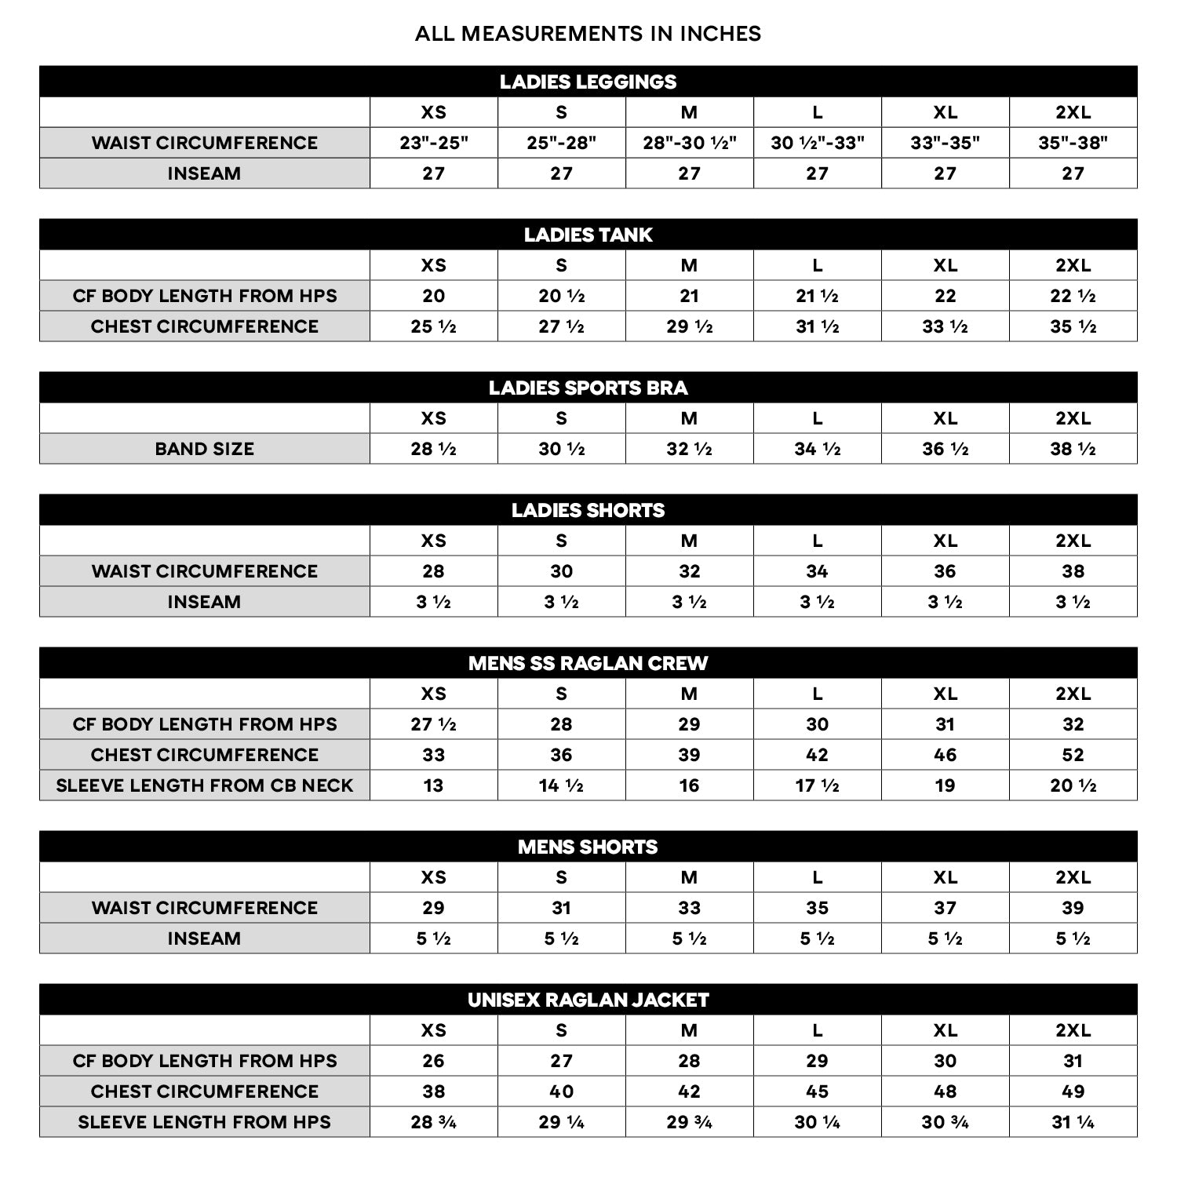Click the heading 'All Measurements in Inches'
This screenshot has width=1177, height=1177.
pyautogui.click(x=588, y=34)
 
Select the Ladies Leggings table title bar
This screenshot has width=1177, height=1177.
pyautogui.click(x=588, y=82)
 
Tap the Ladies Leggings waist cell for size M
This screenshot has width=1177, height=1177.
pyautogui.click(x=689, y=143)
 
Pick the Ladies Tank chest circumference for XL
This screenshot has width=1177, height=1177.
pyautogui.click(x=945, y=326)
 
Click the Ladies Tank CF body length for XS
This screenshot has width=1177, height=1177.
pyautogui.click(x=433, y=296)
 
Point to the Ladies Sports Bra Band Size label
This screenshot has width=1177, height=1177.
pyautogui.click(x=204, y=449)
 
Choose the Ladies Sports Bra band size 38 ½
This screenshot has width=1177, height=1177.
pyautogui.click(x=1073, y=449)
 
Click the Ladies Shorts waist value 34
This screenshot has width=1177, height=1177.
pyautogui.click(x=817, y=571)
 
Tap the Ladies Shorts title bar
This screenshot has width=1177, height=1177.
pyautogui.click(x=588, y=510)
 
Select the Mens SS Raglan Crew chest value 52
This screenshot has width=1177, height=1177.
pyautogui.click(x=1073, y=755)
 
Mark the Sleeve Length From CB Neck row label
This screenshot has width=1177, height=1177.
pyautogui.click(x=204, y=785)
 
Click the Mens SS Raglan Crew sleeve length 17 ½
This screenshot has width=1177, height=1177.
pyautogui.click(x=817, y=785)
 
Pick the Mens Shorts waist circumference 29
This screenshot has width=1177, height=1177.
pyautogui.click(x=433, y=908)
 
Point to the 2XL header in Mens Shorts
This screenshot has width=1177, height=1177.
pyautogui.click(x=1073, y=877)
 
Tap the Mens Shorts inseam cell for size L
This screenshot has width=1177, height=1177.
pyautogui.click(x=817, y=938)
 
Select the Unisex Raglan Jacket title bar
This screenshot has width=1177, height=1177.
pyautogui.click(x=588, y=1000)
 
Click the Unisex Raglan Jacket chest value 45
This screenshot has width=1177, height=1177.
pyautogui.click(x=817, y=1091)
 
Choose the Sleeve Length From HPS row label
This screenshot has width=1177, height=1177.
pyautogui.click(x=204, y=1122)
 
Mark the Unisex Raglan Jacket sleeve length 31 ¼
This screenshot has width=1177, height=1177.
pyautogui.click(x=1073, y=1122)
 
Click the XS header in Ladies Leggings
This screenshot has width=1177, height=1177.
pyautogui.click(x=433, y=112)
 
